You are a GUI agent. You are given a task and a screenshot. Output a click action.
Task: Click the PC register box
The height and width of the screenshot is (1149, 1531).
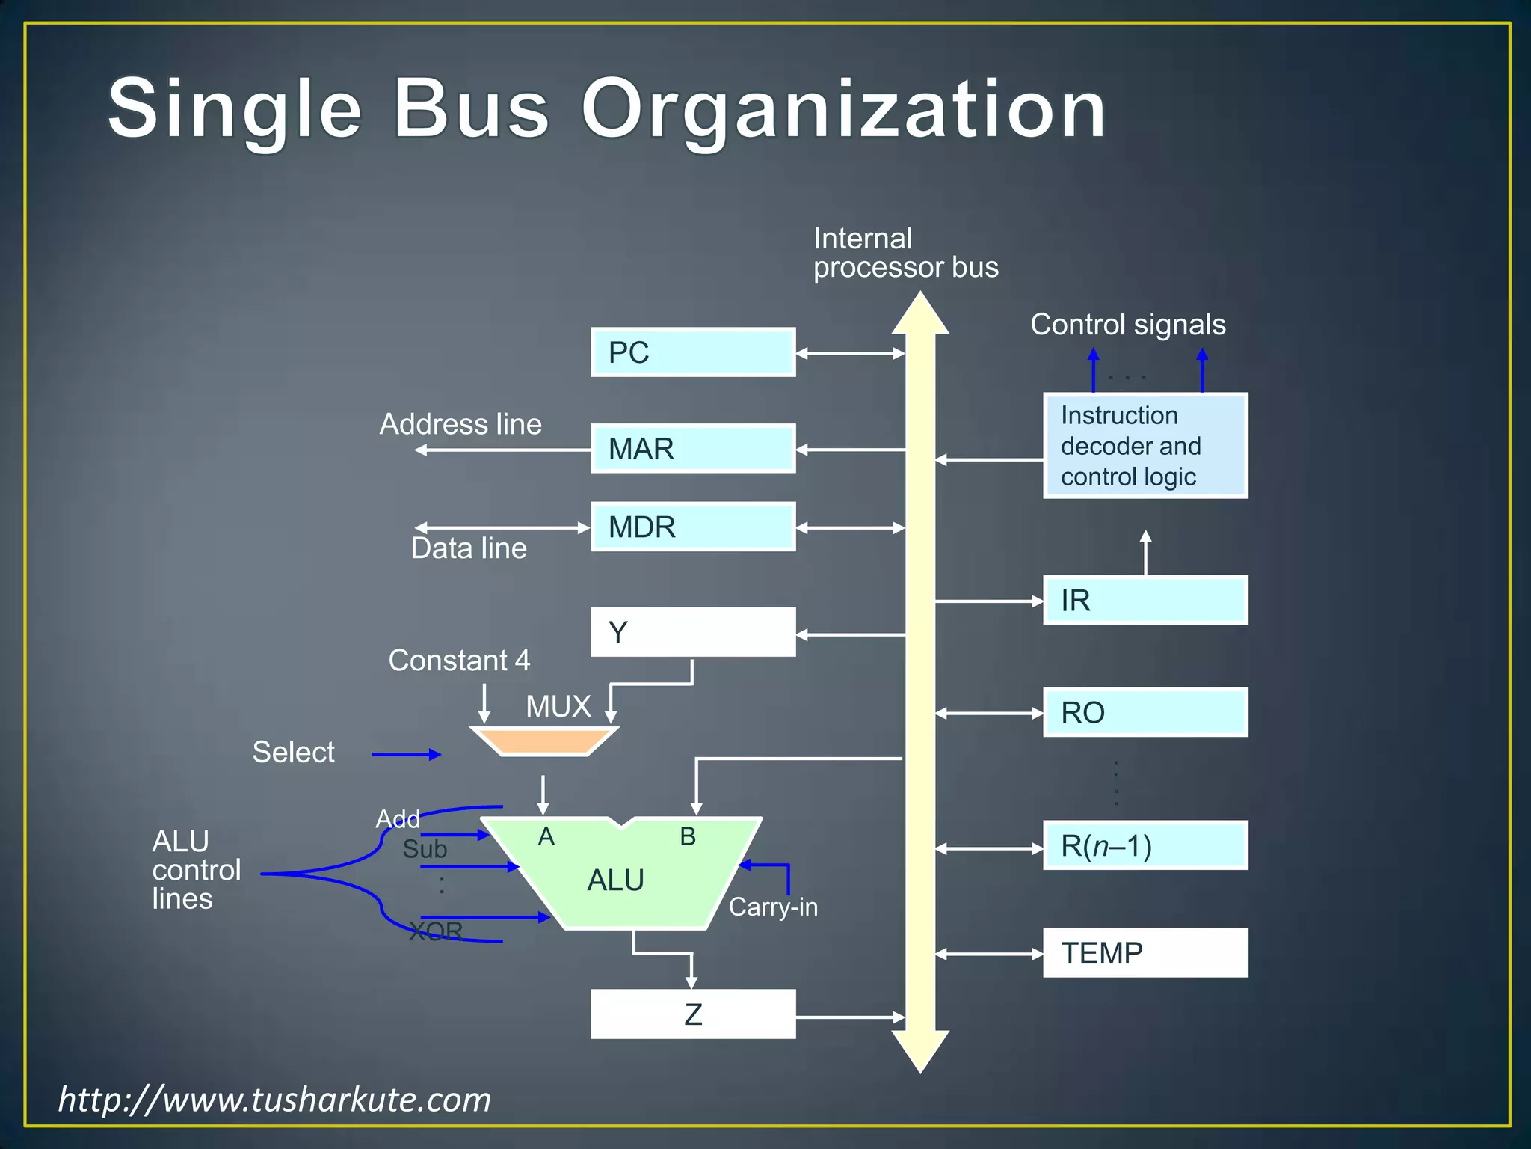pyautogui.click(x=693, y=352)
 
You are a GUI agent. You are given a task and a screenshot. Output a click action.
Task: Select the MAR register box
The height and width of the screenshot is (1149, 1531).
pyautogui.click(x=693, y=449)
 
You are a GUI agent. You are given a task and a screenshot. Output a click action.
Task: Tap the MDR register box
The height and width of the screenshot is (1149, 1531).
pyautogui.click(x=693, y=527)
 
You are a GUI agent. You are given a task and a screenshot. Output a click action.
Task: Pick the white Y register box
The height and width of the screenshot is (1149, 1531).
pyautogui.click(x=693, y=632)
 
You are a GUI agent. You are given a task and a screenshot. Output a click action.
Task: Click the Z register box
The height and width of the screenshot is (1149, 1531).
pyautogui.click(x=693, y=1014)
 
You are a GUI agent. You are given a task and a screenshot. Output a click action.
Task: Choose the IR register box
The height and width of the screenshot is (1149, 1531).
pyautogui.click(x=1145, y=600)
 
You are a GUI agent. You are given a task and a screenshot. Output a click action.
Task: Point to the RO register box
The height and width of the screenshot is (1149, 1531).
pyautogui.click(x=1145, y=712)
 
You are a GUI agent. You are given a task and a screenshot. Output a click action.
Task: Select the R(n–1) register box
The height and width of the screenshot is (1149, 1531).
pyautogui.click(x=1145, y=845)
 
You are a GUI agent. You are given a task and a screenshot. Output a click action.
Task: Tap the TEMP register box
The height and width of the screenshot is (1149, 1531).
pyautogui.click(x=1145, y=953)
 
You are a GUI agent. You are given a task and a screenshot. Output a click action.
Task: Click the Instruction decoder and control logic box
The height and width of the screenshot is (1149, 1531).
pyautogui.click(x=1145, y=446)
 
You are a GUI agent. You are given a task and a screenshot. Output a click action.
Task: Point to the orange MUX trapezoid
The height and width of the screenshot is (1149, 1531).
pyautogui.click(x=544, y=741)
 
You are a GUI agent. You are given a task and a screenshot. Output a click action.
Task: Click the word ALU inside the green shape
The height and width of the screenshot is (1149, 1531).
pyautogui.click(x=615, y=880)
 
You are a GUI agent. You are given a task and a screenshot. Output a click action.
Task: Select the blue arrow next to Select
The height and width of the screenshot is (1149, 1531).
pyautogui.click(x=406, y=755)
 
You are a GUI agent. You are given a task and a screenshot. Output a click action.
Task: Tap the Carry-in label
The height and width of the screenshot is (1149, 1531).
pyautogui.click(x=773, y=907)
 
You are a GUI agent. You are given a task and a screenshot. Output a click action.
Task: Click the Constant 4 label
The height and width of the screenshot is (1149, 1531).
pyautogui.click(x=459, y=661)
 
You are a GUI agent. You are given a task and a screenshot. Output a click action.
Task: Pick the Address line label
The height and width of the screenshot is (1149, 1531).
pyautogui.click(x=460, y=424)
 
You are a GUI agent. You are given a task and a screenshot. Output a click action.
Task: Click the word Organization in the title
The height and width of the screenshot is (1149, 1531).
pyautogui.click(x=843, y=110)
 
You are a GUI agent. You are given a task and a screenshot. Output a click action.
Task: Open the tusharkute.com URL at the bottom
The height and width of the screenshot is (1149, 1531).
pyautogui.click(x=274, y=1100)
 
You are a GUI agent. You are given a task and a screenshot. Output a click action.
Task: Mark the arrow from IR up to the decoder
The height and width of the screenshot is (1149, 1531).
pyautogui.click(x=1145, y=552)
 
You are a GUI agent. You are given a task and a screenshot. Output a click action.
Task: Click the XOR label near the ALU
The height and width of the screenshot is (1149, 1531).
pyautogui.click(x=436, y=931)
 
